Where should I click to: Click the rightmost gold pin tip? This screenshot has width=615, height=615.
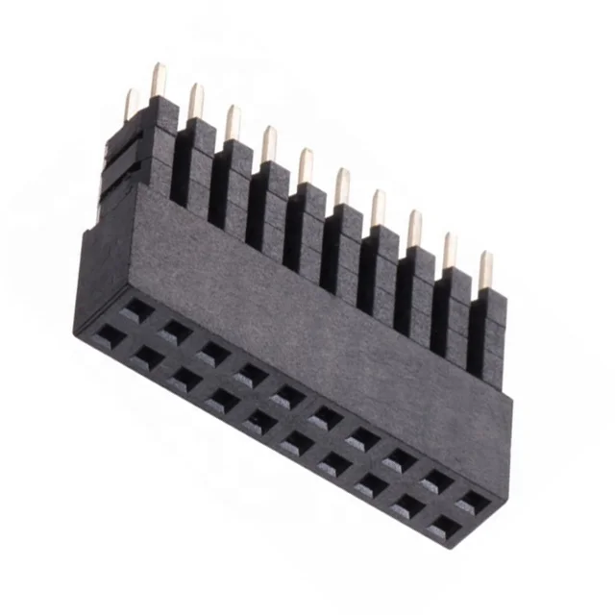485,269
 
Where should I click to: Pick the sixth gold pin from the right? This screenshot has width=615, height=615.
305,166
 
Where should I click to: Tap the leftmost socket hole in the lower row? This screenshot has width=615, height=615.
111,334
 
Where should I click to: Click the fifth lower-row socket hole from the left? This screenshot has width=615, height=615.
259,420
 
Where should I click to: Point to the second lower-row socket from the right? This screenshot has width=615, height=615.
408,506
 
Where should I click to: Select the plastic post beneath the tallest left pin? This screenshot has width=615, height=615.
160,144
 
